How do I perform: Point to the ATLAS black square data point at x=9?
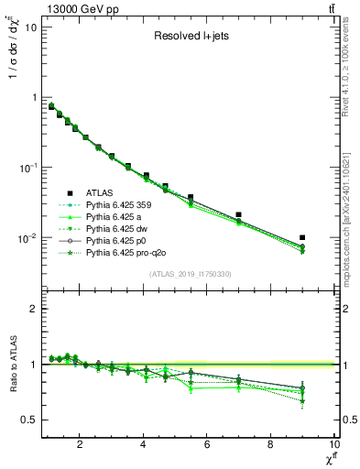pos(302,237)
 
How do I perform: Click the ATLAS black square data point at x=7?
pos(239,214)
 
